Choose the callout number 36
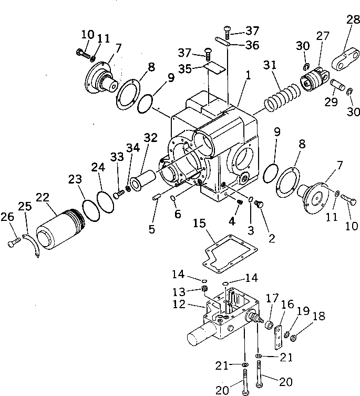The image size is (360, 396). point(252,45)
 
